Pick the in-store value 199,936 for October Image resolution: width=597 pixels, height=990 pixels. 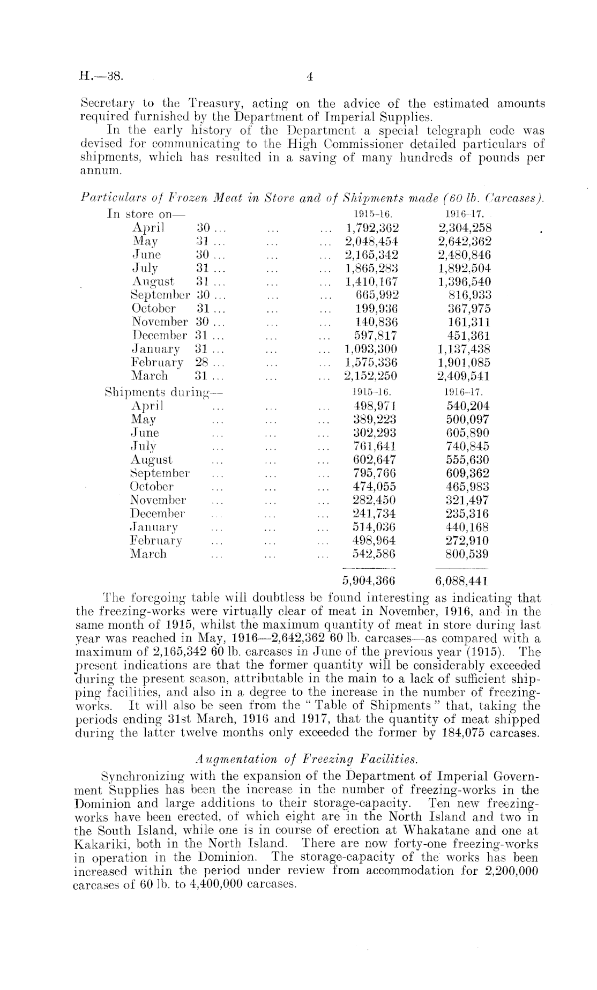tap(377, 308)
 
